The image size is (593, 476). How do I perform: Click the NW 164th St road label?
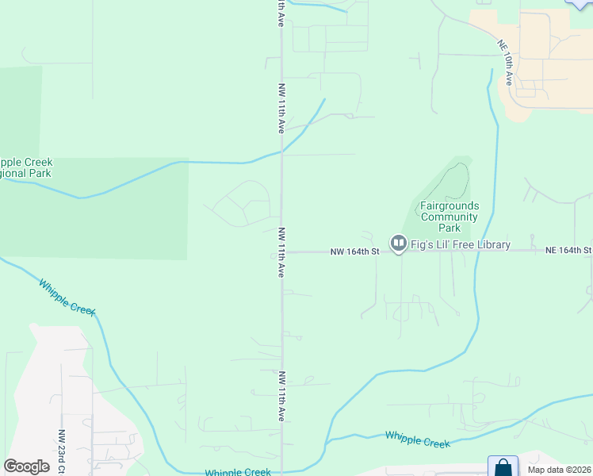tap(355, 251)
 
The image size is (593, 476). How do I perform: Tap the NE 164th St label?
tap(568, 250)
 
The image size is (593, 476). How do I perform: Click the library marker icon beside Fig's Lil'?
tap(398, 244)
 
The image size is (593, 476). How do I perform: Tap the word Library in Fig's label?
tap(489, 244)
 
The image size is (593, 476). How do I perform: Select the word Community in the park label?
tap(449, 217)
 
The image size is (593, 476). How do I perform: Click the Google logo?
tap(26, 466)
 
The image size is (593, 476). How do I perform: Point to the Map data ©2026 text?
tap(559, 470)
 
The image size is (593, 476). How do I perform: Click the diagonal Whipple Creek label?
tap(67, 297)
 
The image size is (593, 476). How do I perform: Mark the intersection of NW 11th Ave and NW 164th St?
tap(282, 251)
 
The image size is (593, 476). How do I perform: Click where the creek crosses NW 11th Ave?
tap(282, 151)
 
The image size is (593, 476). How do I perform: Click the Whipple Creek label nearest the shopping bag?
tap(418, 439)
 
